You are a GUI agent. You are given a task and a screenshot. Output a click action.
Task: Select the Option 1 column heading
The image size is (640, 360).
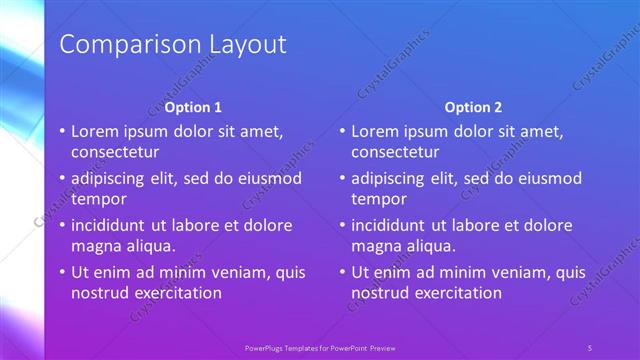coord(193,107)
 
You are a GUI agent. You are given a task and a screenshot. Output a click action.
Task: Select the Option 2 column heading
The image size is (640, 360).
coord(474,107)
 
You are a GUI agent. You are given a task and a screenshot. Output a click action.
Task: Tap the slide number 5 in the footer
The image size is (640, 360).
coord(590,347)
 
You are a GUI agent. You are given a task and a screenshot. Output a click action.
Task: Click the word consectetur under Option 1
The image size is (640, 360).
coord(115,152)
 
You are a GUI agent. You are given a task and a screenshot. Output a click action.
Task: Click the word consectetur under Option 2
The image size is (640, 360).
coord(395,152)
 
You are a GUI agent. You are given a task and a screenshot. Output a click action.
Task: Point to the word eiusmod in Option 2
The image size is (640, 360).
coord(549,178)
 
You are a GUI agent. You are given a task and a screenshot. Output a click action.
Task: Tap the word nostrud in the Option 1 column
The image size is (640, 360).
coord(100,293)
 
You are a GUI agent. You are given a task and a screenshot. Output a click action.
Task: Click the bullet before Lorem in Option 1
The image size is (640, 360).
coord(61,132)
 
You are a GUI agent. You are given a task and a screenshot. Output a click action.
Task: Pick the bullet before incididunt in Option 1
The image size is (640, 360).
coord(61,225)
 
